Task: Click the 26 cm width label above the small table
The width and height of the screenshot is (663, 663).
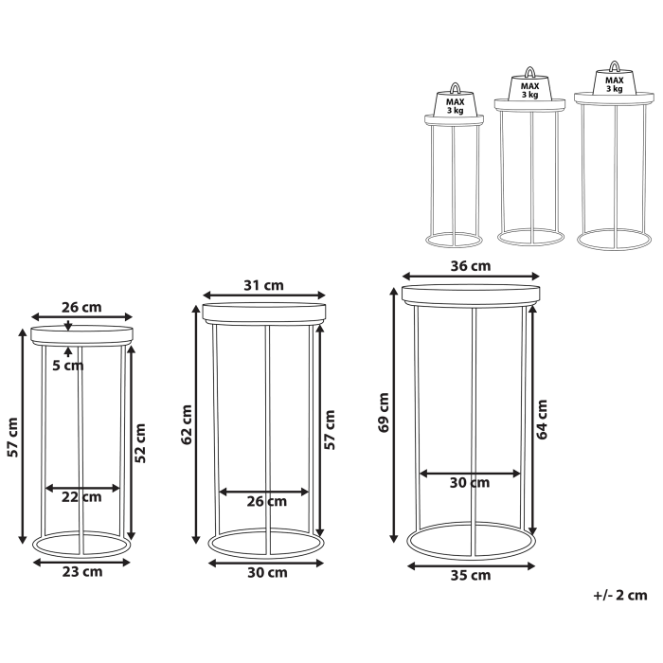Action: [81, 307]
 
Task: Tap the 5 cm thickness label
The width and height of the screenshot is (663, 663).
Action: [68, 365]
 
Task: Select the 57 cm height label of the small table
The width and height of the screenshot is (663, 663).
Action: [11, 437]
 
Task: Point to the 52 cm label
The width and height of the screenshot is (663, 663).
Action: [140, 442]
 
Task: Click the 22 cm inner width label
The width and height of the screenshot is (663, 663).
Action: [81, 497]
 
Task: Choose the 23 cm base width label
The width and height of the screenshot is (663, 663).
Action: [82, 571]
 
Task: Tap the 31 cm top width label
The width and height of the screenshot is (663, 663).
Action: [262, 285]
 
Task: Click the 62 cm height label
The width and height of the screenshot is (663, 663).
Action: [187, 424]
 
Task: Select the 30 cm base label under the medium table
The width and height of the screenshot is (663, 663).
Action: [266, 572]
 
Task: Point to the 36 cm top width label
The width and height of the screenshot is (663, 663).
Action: [470, 266]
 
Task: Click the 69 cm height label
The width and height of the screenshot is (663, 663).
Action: [384, 413]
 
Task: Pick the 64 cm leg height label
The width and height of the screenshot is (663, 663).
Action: [542, 420]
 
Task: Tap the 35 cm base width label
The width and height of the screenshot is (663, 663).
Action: [471, 575]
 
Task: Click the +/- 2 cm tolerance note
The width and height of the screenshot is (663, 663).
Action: [619, 595]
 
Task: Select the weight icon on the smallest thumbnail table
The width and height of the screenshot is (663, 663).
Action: [456, 100]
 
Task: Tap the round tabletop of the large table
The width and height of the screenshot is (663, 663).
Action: [471, 294]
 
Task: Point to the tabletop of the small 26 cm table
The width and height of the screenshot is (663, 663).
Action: [82, 333]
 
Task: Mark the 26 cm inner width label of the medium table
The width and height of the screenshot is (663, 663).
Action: [266, 501]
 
